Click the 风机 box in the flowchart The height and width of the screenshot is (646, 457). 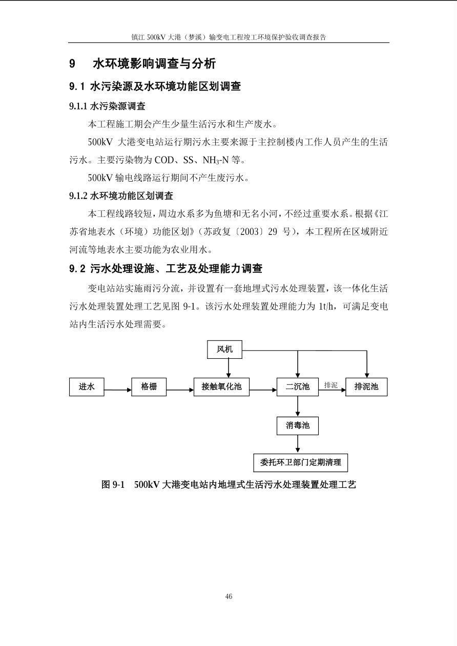pyautogui.click(x=224, y=350)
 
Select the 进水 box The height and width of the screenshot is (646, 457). pyautogui.click(x=87, y=387)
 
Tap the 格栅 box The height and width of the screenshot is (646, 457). pyautogui.click(x=149, y=387)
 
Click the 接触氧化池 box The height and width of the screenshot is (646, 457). pyautogui.click(x=221, y=387)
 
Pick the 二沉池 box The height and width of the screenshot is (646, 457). pyautogui.click(x=297, y=387)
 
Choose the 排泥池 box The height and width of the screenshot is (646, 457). pyautogui.click(x=366, y=387)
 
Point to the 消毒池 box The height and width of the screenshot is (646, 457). pyautogui.click(x=297, y=425)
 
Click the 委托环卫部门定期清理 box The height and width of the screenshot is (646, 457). pyautogui.click(x=300, y=462)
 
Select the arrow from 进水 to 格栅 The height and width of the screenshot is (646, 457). pyautogui.click(x=118, y=390)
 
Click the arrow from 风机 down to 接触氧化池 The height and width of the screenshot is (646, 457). pyautogui.click(x=228, y=368)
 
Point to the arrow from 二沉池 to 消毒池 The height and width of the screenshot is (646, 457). pyautogui.click(x=298, y=406)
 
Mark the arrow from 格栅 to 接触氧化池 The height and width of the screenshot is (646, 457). pyautogui.click(x=180, y=390)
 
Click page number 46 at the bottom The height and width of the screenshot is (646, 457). pyautogui.click(x=228, y=596)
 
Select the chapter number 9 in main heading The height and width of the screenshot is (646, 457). pyautogui.click(x=72, y=64)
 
